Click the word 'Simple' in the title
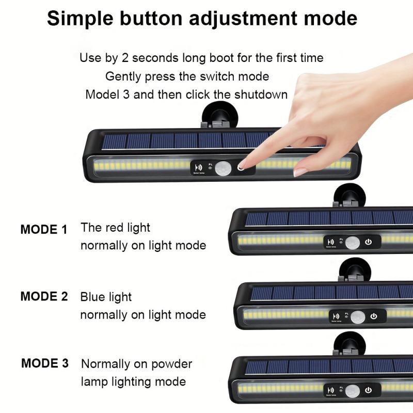click(x=80, y=19)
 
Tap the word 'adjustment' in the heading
click(x=242, y=19)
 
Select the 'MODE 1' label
click(x=44, y=229)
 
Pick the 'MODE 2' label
click(x=44, y=296)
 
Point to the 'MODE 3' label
click(x=45, y=363)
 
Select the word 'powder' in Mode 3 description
click(x=172, y=364)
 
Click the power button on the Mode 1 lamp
click(x=368, y=242)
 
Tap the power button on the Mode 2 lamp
click(x=373, y=316)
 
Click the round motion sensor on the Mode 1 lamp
click(x=353, y=243)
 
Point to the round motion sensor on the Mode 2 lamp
click(x=358, y=317)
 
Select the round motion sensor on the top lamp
click(x=223, y=169)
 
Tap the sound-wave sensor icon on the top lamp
click(x=199, y=167)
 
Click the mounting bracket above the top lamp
click(x=220, y=115)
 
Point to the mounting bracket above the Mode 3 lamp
click(x=350, y=343)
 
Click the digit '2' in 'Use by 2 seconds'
click(x=125, y=58)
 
